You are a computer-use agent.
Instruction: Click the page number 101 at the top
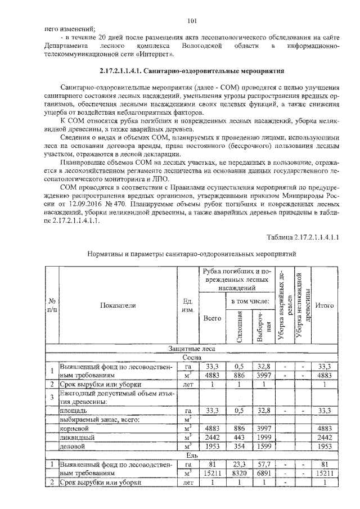191,21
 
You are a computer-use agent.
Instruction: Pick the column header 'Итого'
325,305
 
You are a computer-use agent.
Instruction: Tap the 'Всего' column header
211,318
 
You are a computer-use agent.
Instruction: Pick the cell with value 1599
263,447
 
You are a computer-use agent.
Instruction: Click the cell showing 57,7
263,465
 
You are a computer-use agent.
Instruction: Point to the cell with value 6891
263,474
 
